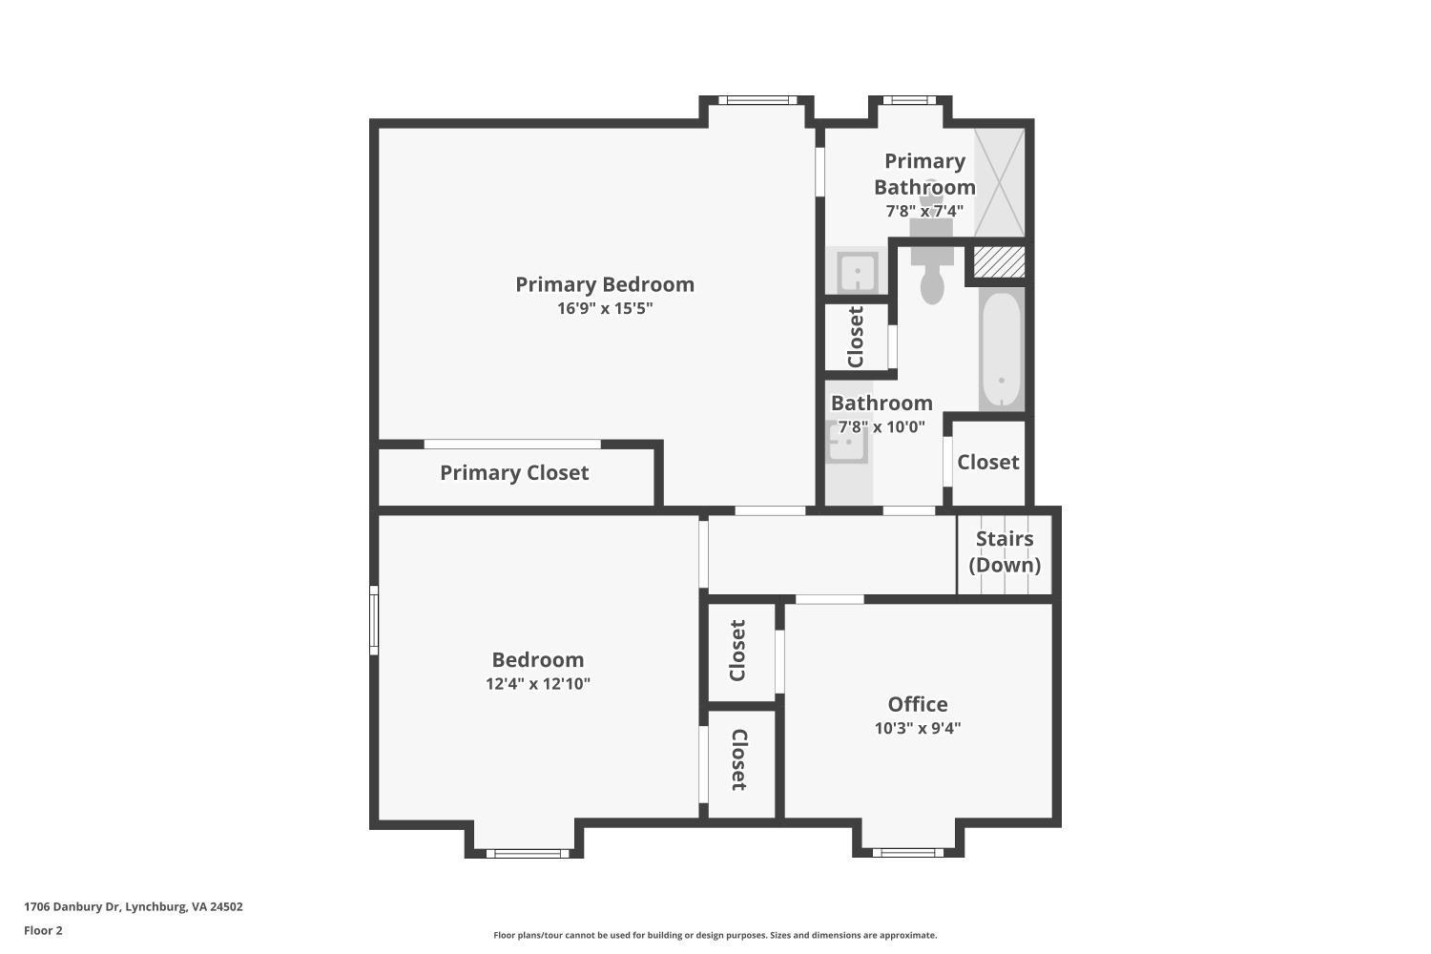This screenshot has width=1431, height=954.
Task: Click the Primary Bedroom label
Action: pyautogui.click(x=605, y=284)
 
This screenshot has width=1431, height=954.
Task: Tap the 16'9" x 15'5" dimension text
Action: pyautogui.click(x=605, y=308)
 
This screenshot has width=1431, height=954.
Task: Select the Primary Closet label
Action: pyautogui.click(x=514, y=473)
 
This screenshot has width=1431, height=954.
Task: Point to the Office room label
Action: pyautogui.click(x=918, y=704)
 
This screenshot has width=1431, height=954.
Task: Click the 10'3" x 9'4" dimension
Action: pyautogui.click(x=918, y=728)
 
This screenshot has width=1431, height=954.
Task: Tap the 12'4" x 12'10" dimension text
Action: pyautogui.click(x=538, y=683)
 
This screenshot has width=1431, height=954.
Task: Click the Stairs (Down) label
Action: pyautogui.click(x=1005, y=551)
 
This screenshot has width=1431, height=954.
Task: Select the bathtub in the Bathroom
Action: pyautogui.click(x=1001, y=350)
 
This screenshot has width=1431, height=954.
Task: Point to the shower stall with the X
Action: pyautogui.click(x=999, y=182)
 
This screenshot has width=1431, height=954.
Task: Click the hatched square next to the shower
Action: pyautogui.click(x=999, y=262)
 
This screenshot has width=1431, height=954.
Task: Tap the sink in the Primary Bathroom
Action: pyautogui.click(x=857, y=272)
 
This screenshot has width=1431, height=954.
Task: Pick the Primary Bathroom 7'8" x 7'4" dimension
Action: pyautogui.click(x=924, y=211)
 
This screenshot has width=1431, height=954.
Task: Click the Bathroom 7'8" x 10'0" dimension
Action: pyautogui.click(x=881, y=426)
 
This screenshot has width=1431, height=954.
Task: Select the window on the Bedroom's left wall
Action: pyautogui.click(x=374, y=620)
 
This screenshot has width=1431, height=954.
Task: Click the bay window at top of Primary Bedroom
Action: pyautogui.click(x=757, y=100)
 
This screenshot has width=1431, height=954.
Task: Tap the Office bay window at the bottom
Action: pyautogui.click(x=907, y=852)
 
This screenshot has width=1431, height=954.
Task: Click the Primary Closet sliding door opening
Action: pyautogui.click(x=512, y=444)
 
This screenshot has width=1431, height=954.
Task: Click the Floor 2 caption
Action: pyautogui.click(x=43, y=930)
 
